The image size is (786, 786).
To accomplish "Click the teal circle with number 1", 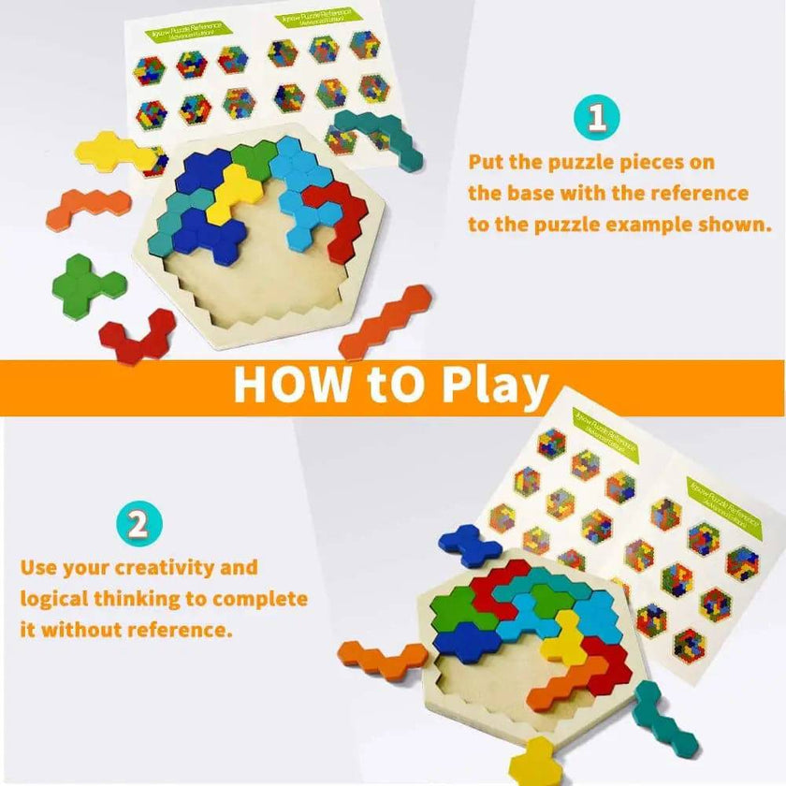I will (x=597, y=119).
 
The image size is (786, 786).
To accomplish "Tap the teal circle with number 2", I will (x=138, y=524).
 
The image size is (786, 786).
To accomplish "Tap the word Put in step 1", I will (x=488, y=162).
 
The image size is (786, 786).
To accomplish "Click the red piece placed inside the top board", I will (x=340, y=215).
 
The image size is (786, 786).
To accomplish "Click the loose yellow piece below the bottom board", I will (x=536, y=760).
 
